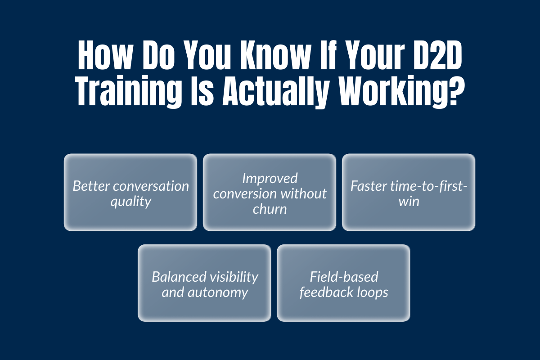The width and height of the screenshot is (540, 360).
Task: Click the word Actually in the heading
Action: (268, 92)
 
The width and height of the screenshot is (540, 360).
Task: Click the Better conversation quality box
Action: (130, 193)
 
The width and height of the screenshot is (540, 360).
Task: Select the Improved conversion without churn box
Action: (270, 193)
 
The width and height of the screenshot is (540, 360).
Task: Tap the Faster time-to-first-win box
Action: (409, 193)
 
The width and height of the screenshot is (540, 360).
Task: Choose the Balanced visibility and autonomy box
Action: (204, 283)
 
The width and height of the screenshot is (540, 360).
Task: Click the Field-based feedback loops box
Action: (343, 283)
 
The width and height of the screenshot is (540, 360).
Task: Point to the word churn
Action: (270, 209)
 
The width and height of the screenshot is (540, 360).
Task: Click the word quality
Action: (130, 201)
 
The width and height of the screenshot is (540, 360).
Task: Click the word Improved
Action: (270, 178)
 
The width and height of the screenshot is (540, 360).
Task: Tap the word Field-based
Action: (344, 276)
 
